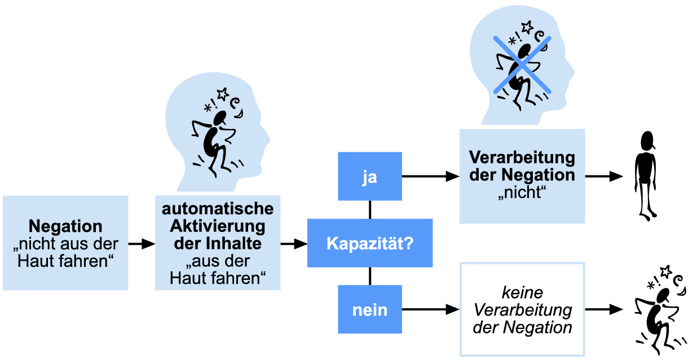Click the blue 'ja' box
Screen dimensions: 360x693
point(370,176)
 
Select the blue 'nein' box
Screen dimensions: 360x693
point(370,309)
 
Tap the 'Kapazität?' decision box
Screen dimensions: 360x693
point(370,243)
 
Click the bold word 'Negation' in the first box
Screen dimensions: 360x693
point(65,227)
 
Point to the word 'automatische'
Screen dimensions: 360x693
point(218,209)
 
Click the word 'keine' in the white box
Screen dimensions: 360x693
point(522,293)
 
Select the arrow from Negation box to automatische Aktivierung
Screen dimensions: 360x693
point(142,244)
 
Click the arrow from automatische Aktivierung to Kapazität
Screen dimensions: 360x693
point(294,244)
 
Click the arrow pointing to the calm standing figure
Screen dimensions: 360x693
point(604,177)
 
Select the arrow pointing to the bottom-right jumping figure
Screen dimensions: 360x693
point(604,309)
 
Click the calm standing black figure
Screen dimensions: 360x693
point(646,175)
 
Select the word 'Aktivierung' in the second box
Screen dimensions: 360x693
point(218,227)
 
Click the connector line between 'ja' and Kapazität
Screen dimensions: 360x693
point(370,209)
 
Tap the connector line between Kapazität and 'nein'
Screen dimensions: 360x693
point(370,276)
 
